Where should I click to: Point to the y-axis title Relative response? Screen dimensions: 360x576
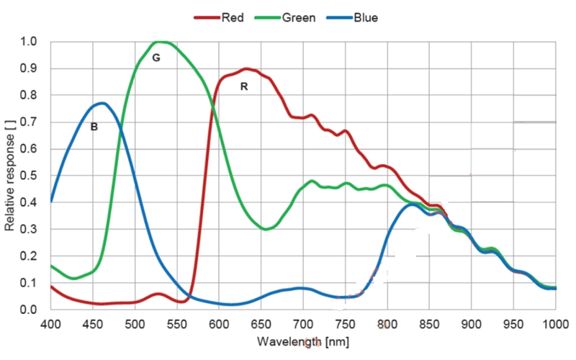tap(9, 176)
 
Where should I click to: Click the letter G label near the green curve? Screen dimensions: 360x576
tap(156, 58)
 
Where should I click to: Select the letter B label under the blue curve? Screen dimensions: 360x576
tap(94, 127)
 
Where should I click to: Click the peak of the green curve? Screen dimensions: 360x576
tap(160, 42)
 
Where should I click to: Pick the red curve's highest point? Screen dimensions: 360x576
tap(246, 68)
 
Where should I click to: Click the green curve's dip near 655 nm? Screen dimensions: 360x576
tap(266, 229)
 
